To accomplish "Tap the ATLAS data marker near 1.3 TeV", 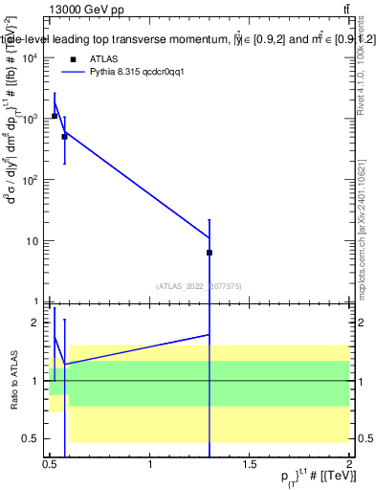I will coord(209,253).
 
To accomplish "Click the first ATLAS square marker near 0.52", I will coord(55,116).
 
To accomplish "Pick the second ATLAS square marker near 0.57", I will coord(64,137).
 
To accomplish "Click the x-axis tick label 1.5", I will coord(250,465).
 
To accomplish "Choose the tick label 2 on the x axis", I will coord(349,465).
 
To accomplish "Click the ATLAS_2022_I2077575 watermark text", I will coord(199,285).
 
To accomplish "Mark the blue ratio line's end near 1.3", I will coord(209,335).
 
